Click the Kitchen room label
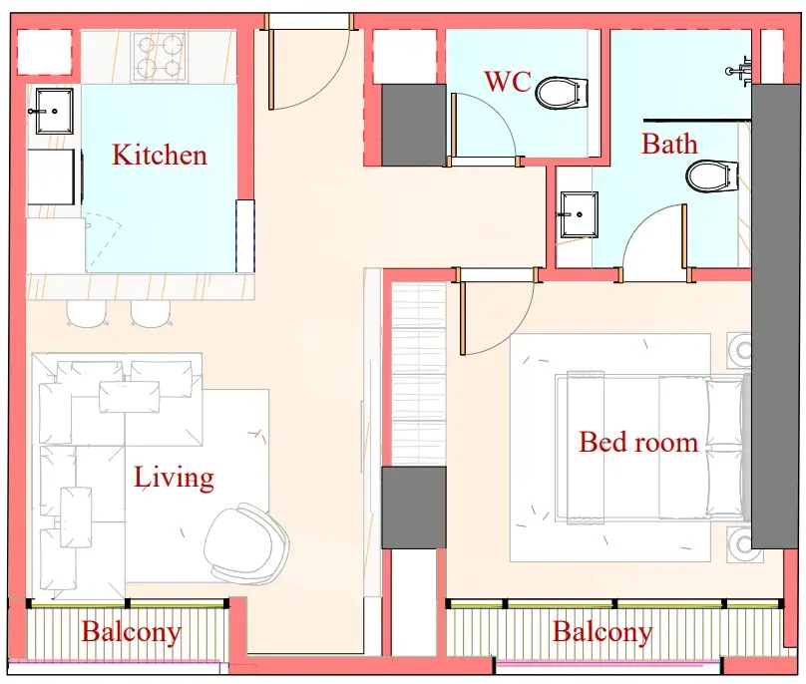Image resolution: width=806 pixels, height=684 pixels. [x=160, y=155]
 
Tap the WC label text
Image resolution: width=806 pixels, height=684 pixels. [x=508, y=81]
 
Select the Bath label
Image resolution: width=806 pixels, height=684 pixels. [x=669, y=144]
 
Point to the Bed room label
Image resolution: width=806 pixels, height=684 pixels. [x=638, y=442]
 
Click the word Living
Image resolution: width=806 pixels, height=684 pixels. [x=174, y=478]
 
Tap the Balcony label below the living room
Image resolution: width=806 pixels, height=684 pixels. [x=131, y=631]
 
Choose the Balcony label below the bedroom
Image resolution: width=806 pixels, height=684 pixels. [x=603, y=631]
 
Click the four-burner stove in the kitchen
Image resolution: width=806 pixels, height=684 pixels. [x=160, y=57]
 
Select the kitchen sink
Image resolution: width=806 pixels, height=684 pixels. [x=54, y=111]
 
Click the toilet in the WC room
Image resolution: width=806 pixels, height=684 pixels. [x=562, y=93]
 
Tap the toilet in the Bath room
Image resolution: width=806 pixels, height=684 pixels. [x=712, y=175]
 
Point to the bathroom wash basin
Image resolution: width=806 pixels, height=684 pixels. [x=579, y=214]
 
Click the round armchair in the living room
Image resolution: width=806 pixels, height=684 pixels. [x=245, y=544]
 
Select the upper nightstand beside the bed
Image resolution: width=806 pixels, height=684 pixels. [x=739, y=351]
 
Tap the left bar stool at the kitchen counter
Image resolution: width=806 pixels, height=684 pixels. [x=87, y=313]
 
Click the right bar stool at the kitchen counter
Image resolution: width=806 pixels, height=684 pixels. [x=152, y=313]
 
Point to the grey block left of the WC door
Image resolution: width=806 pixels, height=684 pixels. [x=414, y=125]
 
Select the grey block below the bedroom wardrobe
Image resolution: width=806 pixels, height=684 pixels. [x=414, y=508]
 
